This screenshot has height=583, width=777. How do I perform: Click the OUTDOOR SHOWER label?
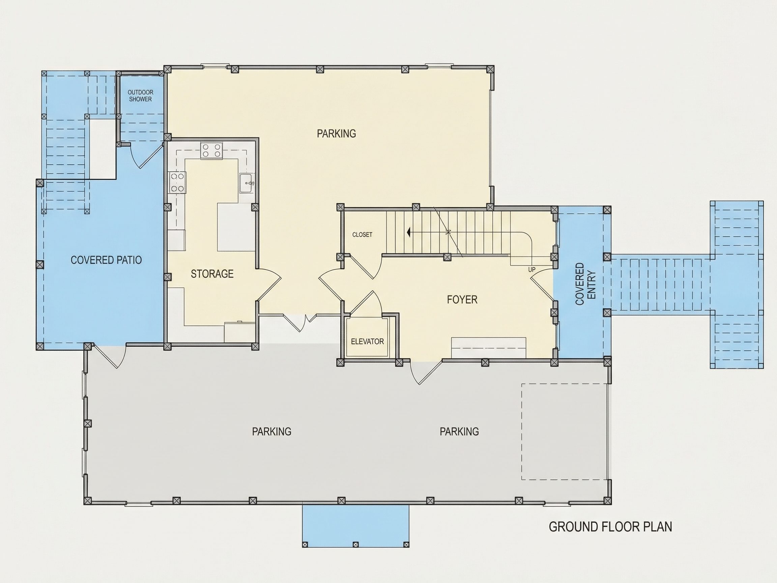click(141, 95)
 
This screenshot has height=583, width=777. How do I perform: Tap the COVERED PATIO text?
click(106, 260)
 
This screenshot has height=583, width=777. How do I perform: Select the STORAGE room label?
click(212, 274)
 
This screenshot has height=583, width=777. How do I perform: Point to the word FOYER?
click(462, 299)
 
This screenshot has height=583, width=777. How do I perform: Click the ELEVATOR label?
click(368, 341)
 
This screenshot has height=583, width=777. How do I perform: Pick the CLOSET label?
click(362, 234)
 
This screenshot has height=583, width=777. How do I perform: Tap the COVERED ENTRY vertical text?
click(585, 284)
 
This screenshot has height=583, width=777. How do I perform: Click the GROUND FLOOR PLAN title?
click(610, 527)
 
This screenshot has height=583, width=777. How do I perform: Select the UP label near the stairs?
click(532, 270)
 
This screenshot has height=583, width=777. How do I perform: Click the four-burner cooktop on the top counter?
click(211, 151)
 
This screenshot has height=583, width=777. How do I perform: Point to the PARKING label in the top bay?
click(337, 134)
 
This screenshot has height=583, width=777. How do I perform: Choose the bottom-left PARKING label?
click(271, 431)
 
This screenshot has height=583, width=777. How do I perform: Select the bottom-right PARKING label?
click(459, 431)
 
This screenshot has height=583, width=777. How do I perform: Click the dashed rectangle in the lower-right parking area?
click(564, 384)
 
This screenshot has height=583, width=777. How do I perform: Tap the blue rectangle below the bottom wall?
click(356, 526)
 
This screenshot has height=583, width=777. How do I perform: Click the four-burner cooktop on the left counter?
click(177, 183)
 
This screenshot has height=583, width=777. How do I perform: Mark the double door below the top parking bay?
click(301, 323)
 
